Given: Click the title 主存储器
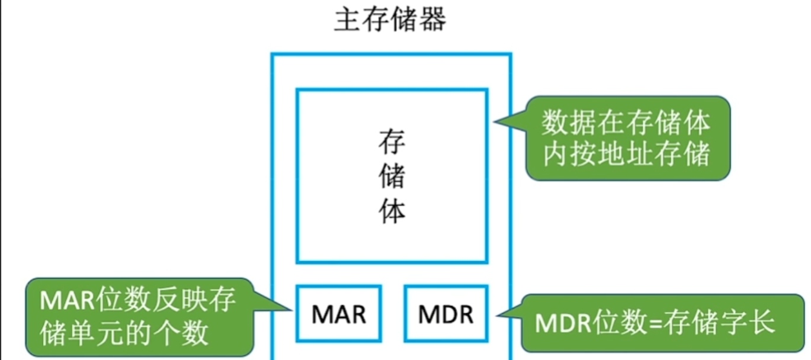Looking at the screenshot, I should click(390, 20).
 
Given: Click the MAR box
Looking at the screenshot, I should click(339, 314).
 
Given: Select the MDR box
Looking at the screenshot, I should click(446, 314).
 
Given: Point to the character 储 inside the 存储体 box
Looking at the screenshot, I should click(392, 176).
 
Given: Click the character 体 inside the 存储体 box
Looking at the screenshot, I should click(392, 210).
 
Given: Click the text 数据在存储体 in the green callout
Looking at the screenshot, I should click(626, 123).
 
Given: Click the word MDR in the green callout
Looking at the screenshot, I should click(562, 324).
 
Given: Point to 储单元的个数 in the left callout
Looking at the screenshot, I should click(124, 333).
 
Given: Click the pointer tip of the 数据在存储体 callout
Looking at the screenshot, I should click(496, 123).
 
